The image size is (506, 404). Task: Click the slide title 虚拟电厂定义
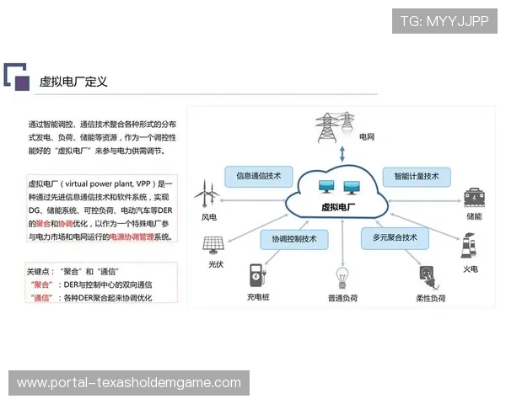click(x=73, y=82)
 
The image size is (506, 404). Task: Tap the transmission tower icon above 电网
click(x=330, y=127)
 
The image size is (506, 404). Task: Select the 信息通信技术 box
click(x=258, y=176)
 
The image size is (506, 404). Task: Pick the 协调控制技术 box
click(x=293, y=239)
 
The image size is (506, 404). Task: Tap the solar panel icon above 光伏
click(x=213, y=245)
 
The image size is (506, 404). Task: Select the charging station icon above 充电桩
click(x=256, y=275)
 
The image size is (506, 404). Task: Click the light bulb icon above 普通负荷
click(x=342, y=276)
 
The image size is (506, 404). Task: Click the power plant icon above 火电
click(x=469, y=245)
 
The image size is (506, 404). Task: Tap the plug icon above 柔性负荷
click(x=429, y=276)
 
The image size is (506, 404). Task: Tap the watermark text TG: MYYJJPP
click(x=444, y=20)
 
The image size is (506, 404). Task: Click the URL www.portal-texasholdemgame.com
click(x=129, y=383)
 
